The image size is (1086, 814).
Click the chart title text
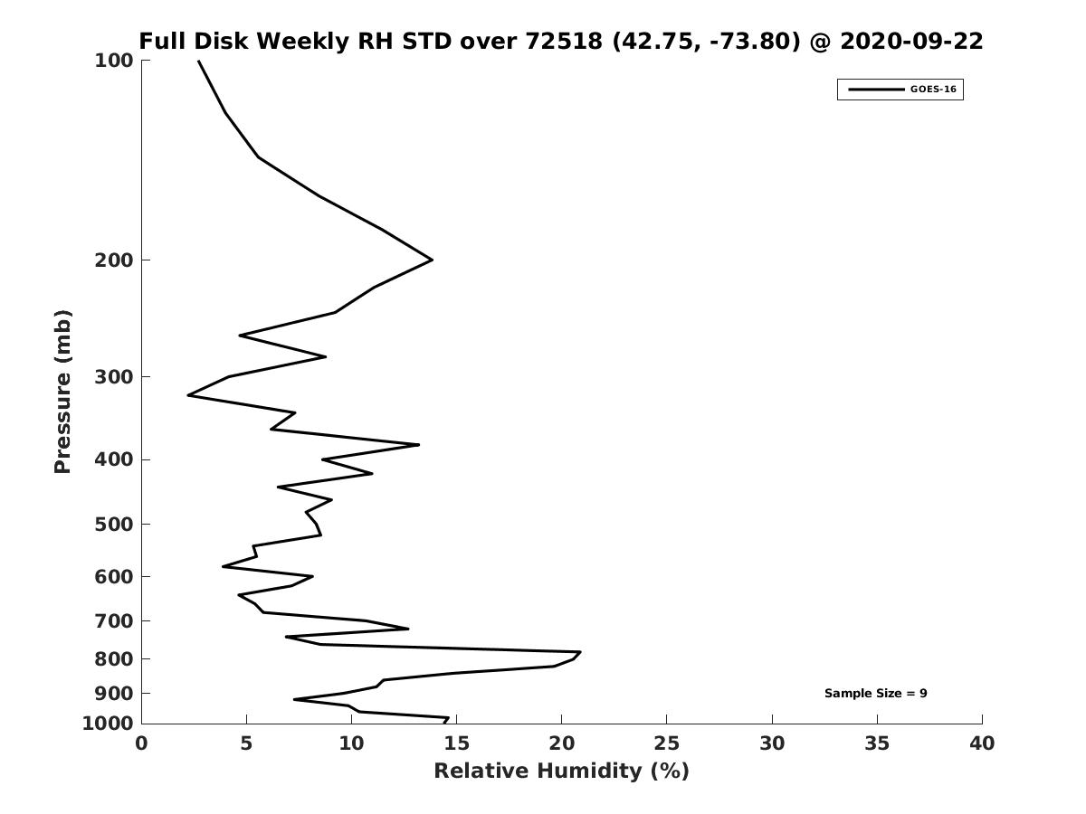coord(560,42)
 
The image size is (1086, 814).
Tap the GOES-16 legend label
coord(933,90)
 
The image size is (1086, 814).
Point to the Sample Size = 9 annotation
coord(875,694)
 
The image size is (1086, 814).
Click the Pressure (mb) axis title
coord(62,392)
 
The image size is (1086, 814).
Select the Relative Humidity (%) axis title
coord(561,771)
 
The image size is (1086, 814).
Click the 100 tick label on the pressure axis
coord(114,61)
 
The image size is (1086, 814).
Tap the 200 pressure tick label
coord(114,260)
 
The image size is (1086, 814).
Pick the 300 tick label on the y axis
coord(114,377)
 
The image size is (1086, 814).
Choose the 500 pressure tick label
coord(114,525)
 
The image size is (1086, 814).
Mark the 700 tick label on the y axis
coord(114,621)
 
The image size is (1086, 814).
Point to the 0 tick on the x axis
coord(142,743)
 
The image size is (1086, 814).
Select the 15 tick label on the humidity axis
coord(456,743)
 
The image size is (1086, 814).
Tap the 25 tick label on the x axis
coord(666,743)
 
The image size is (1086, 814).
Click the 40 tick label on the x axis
coord(981,743)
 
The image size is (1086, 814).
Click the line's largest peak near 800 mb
coord(580,652)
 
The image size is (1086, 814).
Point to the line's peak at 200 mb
coord(432,260)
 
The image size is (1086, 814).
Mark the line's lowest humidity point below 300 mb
coord(188,395)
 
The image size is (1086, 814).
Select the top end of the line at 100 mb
coord(198,61)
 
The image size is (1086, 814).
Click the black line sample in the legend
coord(876,90)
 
